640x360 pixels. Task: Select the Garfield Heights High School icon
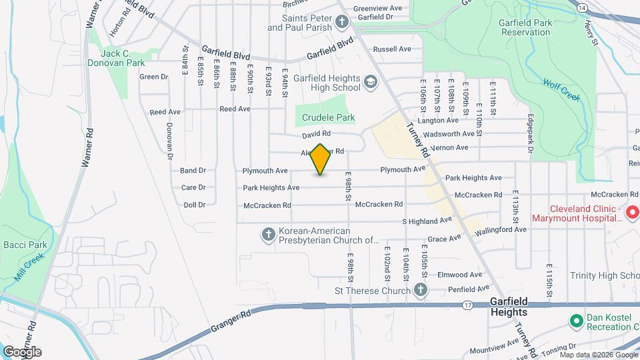point(370,83)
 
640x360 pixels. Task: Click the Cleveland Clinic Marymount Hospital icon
point(632,213)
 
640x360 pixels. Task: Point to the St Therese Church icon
point(420,290)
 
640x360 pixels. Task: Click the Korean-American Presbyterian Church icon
point(268,235)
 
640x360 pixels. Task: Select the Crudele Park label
point(328,118)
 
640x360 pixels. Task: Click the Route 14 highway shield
point(582,7)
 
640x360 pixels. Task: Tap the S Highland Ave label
point(427,220)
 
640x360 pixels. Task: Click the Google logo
point(22,352)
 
